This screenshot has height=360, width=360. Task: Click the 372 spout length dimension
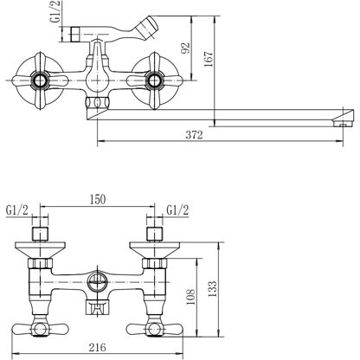(x=194, y=135)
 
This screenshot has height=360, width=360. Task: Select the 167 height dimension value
(x=209, y=59)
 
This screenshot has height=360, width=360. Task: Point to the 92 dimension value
(x=185, y=48)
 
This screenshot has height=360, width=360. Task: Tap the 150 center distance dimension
(x=98, y=200)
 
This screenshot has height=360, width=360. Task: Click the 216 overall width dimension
(x=97, y=347)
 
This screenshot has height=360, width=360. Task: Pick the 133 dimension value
(x=212, y=289)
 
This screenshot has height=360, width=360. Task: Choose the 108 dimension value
(x=190, y=297)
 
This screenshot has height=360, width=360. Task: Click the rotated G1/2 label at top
(x=56, y=11)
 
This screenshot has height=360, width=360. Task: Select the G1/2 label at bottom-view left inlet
(x=17, y=210)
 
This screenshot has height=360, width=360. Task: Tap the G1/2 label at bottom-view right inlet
(x=177, y=210)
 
